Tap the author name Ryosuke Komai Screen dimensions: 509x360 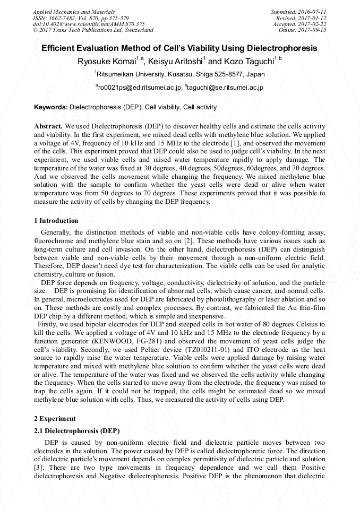tap(107, 62)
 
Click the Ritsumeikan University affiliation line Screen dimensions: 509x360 tap(180, 74)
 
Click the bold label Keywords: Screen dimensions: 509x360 tap(51, 107)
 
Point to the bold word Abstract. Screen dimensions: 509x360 tap(48, 127)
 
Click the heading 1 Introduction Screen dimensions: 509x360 tap(56, 221)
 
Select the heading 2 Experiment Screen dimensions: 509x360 tap(55, 419)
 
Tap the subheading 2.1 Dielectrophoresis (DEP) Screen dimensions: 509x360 tap(76, 430)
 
